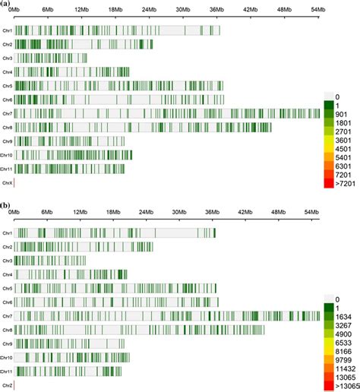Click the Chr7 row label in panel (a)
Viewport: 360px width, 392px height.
tap(8, 113)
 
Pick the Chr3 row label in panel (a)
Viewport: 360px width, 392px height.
tap(8, 58)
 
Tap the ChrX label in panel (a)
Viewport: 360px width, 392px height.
tap(8, 182)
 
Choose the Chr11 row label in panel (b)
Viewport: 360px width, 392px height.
tap(7, 371)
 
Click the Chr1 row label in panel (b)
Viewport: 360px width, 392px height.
tap(8, 233)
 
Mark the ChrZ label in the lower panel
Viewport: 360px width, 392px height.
tap(7, 386)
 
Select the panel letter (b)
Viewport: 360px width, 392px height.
tap(6, 204)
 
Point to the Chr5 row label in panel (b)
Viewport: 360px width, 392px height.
tap(8, 288)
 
